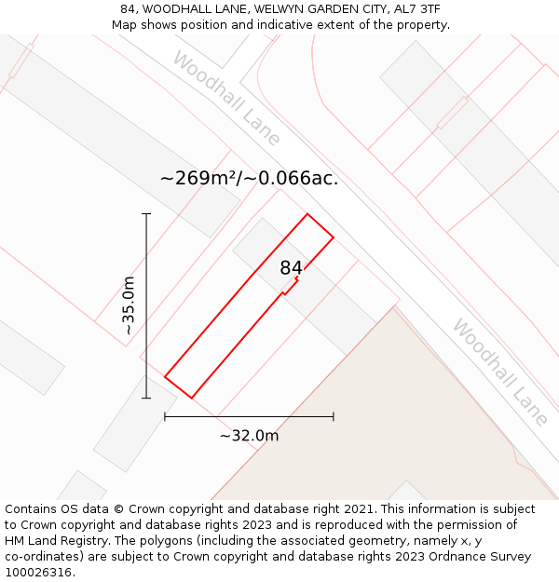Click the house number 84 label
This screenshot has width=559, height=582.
tap(291, 268)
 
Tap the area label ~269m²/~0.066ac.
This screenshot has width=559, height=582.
tap(249, 178)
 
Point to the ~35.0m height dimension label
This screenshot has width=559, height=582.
tap(129, 305)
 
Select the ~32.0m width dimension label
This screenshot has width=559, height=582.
tap(249, 435)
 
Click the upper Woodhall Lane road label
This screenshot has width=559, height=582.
tap(226, 98)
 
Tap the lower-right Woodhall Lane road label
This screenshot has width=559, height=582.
tap(500, 372)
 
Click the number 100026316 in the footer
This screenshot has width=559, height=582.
tap(37, 572)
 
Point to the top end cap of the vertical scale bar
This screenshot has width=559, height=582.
tap(146, 214)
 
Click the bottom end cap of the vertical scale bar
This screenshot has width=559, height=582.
tap(146, 399)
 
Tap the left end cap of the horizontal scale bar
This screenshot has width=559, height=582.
tap(165, 416)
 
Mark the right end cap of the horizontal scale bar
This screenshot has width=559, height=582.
tap(334, 416)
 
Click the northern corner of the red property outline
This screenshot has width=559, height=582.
tap(307, 214)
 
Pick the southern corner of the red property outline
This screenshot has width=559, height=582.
tap(192, 399)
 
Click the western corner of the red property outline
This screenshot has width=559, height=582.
tap(165, 376)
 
